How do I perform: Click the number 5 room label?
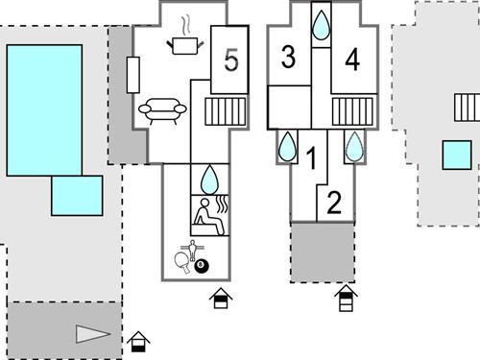(230, 60)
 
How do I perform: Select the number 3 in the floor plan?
(288, 57)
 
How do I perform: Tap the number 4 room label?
(352, 60)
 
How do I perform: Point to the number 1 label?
(310, 156)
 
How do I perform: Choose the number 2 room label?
(334, 203)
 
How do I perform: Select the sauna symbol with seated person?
(209, 215)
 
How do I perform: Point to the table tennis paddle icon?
(181, 257)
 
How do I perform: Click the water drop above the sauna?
(209, 178)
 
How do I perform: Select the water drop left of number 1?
(287, 146)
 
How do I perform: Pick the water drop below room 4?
(354, 146)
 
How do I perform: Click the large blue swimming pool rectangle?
(44, 109)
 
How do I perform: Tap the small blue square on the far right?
(457, 155)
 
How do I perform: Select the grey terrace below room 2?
(324, 252)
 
